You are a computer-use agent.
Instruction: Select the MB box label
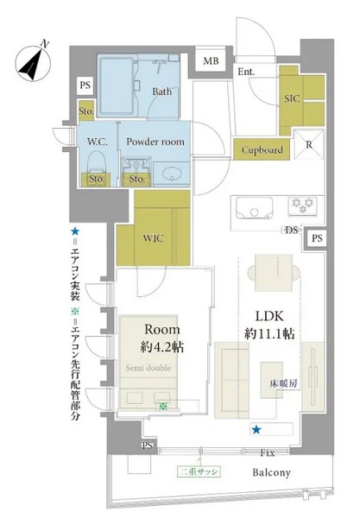click(x=211, y=61)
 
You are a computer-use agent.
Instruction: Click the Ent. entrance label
click(x=245, y=73)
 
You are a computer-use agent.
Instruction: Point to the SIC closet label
click(x=292, y=98)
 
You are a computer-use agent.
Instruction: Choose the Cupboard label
click(x=262, y=150)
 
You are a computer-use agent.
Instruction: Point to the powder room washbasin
click(x=170, y=173)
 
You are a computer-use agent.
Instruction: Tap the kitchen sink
click(x=248, y=208)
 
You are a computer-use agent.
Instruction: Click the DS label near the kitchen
click(x=292, y=231)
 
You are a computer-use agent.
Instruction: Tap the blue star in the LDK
click(x=255, y=429)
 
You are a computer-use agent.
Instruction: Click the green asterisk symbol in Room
click(x=162, y=406)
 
